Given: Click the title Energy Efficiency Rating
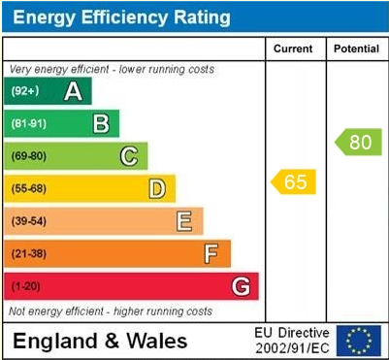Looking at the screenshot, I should pyautogui.click(x=120, y=17).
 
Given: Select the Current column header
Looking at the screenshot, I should pyautogui.click(x=293, y=49).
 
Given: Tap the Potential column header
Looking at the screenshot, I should pyautogui.click(x=356, y=49).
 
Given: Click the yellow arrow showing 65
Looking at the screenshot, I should pyautogui.click(x=294, y=181).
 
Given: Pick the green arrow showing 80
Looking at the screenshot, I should pyautogui.click(x=358, y=142).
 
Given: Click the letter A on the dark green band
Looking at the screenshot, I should pyautogui.click(x=72, y=91).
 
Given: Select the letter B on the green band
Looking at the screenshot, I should pyautogui.click(x=100, y=123).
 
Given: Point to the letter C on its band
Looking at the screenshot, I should pyautogui.click(x=128, y=155).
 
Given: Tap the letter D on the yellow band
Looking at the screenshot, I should pyautogui.click(x=156, y=188).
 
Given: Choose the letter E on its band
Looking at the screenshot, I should pyautogui.click(x=183, y=221).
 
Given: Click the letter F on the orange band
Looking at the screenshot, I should pyautogui.click(x=211, y=253).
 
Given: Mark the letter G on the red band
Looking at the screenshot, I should pyautogui.click(x=240, y=286).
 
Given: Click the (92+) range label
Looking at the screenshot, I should pyautogui.click(x=26, y=91).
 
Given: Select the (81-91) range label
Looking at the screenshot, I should pyautogui.click(x=29, y=123).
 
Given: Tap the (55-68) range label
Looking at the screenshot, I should pyautogui.click(x=29, y=188).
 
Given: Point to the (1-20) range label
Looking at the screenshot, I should pyautogui.click(x=26, y=286).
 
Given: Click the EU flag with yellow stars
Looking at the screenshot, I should pyautogui.click(x=359, y=341).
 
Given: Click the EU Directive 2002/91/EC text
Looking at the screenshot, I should pyautogui.click(x=291, y=341).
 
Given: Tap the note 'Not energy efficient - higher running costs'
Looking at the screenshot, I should pyautogui.click(x=111, y=311).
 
